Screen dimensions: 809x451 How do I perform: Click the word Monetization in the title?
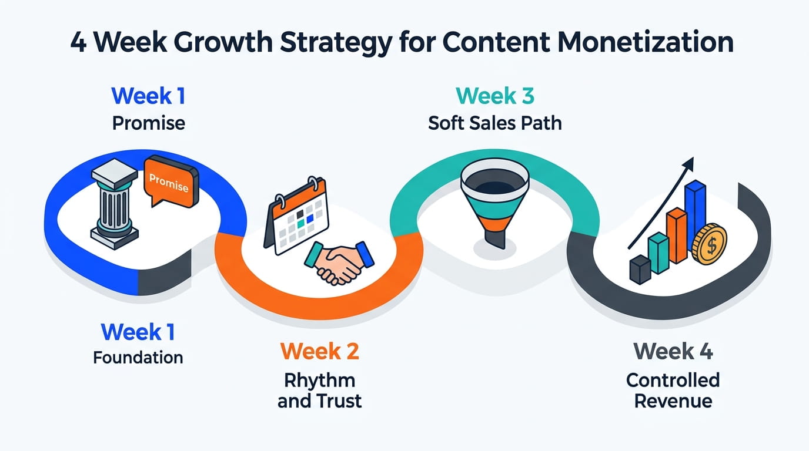pyautogui.click(x=646, y=42)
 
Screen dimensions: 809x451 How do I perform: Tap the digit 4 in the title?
pyautogui.click(x=78, y=42)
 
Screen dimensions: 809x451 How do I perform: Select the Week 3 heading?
pyautogui.click(x=495, y=96)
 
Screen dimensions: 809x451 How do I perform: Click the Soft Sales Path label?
pyautogui.click(x=495, y=123)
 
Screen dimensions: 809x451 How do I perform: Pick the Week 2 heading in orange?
pyautogui.click(x=320, y=351)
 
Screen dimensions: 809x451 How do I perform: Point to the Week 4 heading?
pyautogui.click(x=673, y=351)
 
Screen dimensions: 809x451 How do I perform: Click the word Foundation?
pyautogui.click(x=138, y=358)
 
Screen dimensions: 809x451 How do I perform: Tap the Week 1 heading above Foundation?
pyautogui.click(x=138, y=332)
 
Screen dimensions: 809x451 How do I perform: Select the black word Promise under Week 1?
pyautogui.click(x=148, y=123)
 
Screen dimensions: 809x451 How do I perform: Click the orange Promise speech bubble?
pyautogui.click(x=171, y=181)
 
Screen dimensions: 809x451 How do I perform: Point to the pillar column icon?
pyautogui.click(x=115, y=204)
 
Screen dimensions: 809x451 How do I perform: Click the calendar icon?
pyautogui.click(x=297, y=216)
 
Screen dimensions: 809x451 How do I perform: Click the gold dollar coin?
pyautogui.click(x=709, y=244)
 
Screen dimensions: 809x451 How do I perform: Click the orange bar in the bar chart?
pyautogui.click(x=677, y=235)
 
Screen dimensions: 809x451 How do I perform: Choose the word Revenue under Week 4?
pyautogui.click(x=673, y=401)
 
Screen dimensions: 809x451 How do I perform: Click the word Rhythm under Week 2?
pyautogui.click(x=320, y=381)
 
